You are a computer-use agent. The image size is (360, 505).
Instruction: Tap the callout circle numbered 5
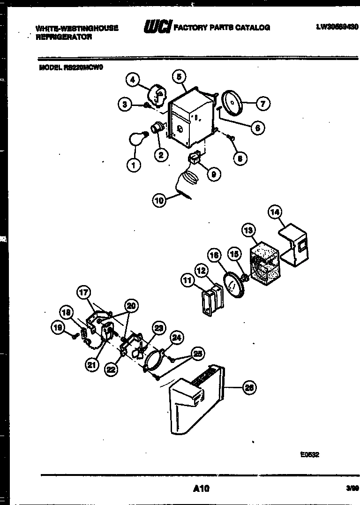tap(179, 76)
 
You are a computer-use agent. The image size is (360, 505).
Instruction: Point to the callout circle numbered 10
tap(159, 201)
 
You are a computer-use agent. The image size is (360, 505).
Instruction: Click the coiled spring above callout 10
tap(189, 178)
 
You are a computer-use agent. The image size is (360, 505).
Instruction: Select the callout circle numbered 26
tap(249, 387)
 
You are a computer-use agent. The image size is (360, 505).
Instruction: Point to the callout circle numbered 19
tap(58, 329)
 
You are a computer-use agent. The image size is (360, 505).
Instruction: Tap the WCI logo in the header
tap(157, 27)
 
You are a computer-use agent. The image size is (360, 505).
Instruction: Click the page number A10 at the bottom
tap(201, 489)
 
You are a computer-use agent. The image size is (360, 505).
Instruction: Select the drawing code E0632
tap(310, 454)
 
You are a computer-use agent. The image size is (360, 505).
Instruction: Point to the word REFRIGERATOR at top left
tap(64, 37)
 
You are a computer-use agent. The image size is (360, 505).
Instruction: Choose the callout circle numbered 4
tap(133, 80)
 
